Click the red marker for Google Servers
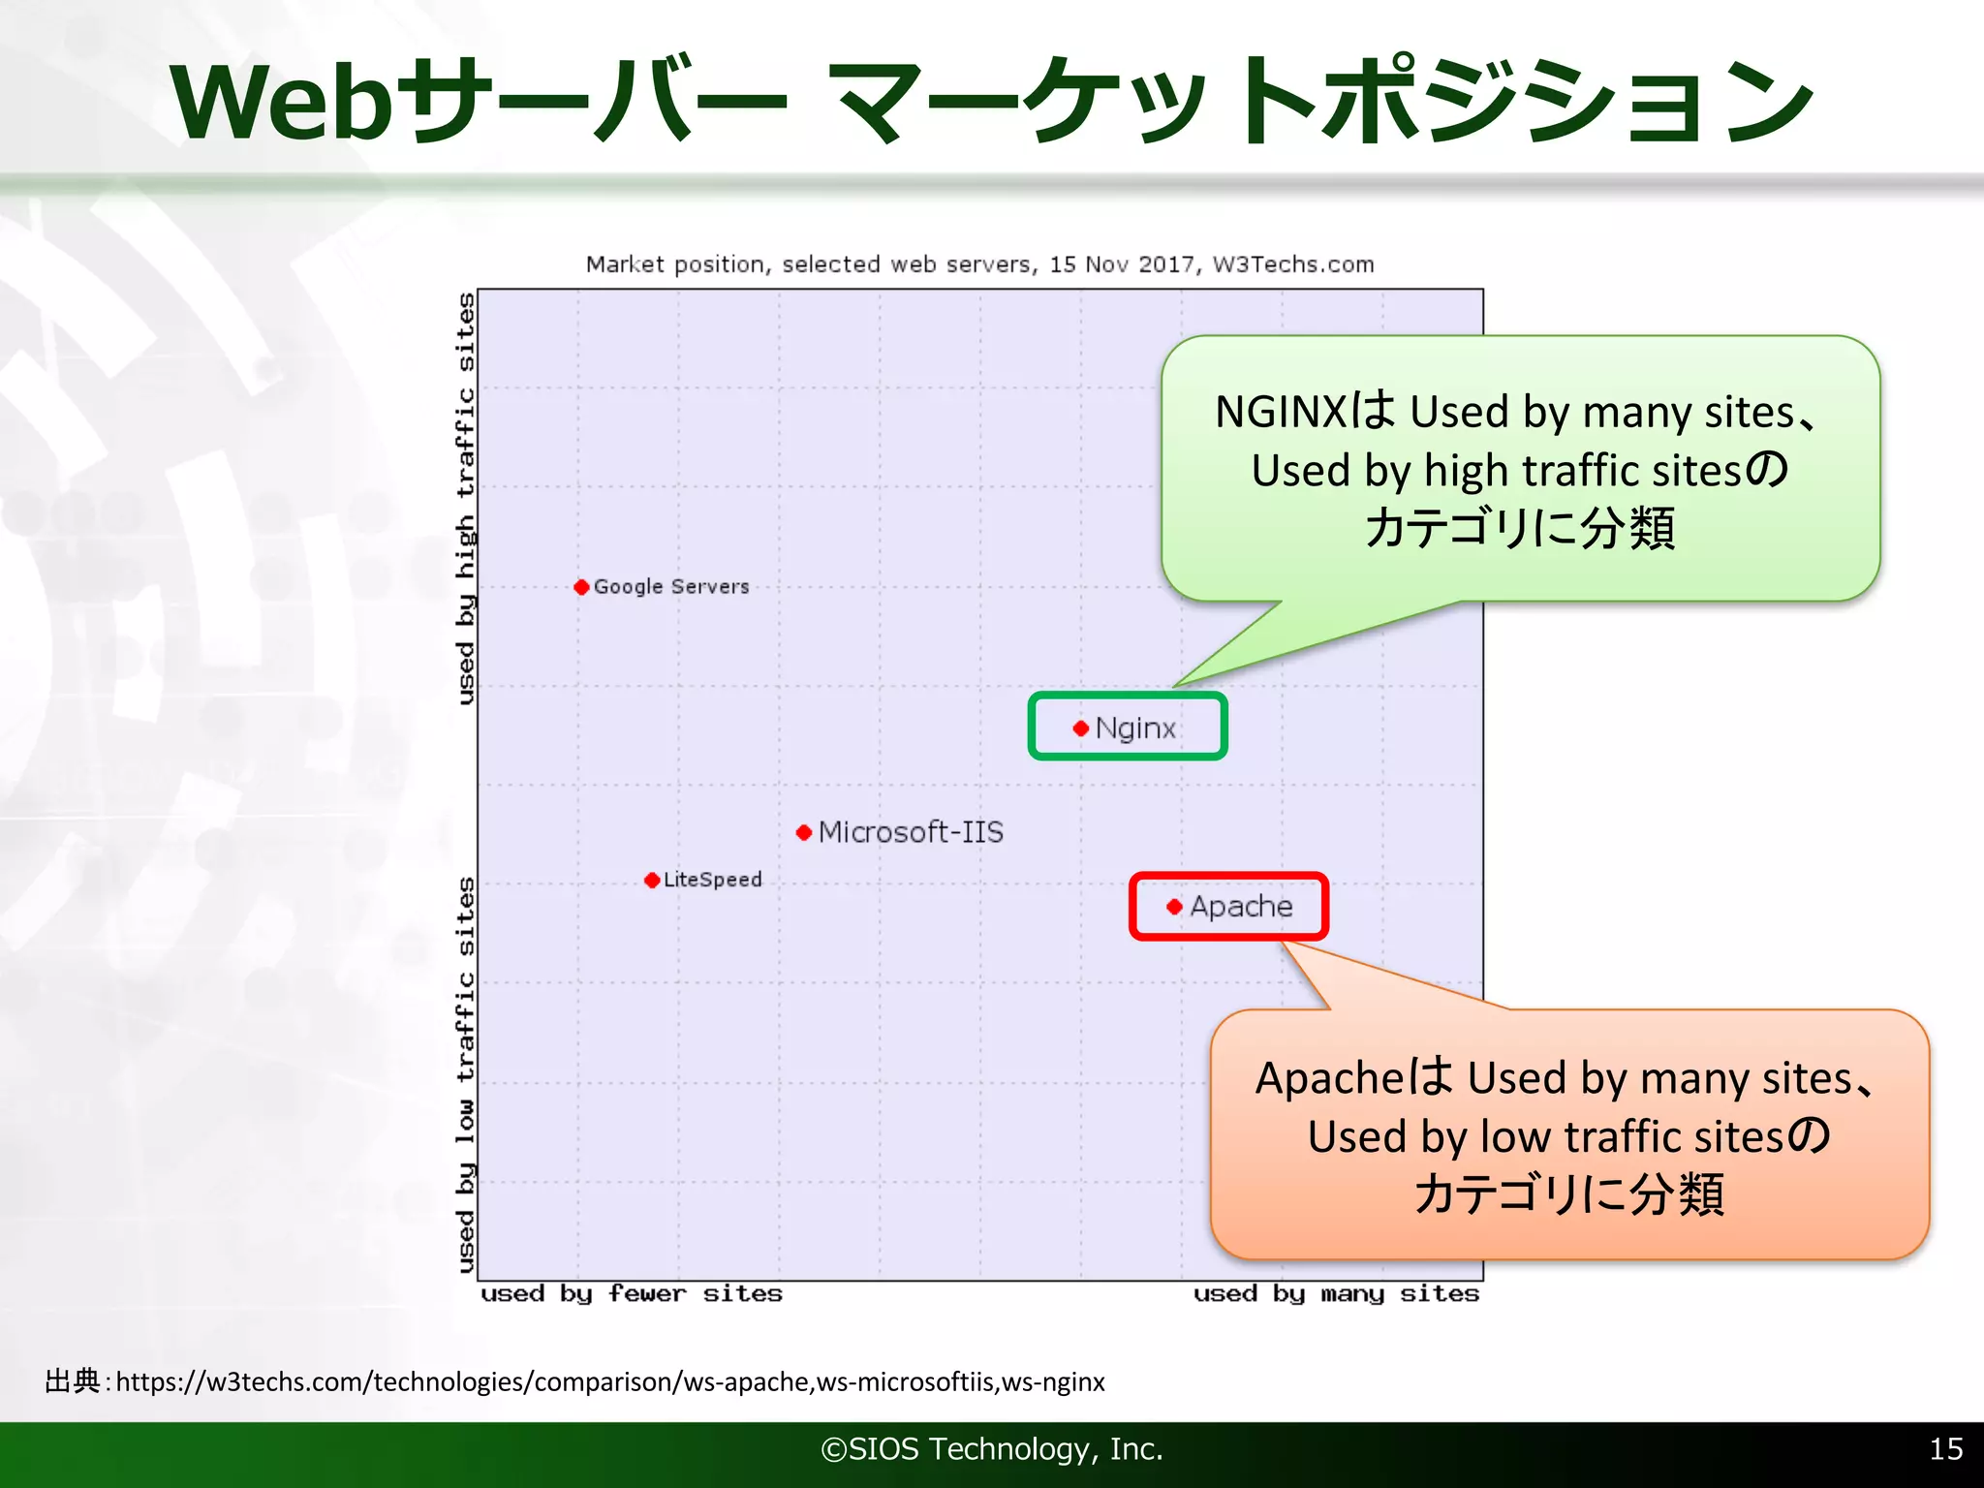(x=581, y=587)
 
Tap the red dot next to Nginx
(x=1081, y=728)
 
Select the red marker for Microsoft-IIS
(x=803, y=832)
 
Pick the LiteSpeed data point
(x=652, y=880)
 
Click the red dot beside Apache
(x=1174, y=907)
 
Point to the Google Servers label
(x=671, y=587)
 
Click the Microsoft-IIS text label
(x=911, y=832)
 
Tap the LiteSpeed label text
(x=713, y=880)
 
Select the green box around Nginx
(x=1128, y=697)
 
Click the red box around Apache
(x=1228, y=877)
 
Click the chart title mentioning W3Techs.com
(x=979, y=264)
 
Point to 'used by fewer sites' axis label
(x=632, y=1294)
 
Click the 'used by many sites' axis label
(x=1336, y=1294)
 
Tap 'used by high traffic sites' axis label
(x=466, y=498)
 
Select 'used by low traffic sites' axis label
(x=466, y=1074)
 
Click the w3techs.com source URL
(x=610, y=1381)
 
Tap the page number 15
(x=1946, y=1448)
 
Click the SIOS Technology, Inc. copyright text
(x=991, y=1448)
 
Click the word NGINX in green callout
(x=1281, y=413)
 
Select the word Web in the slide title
(x=282, y=102)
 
